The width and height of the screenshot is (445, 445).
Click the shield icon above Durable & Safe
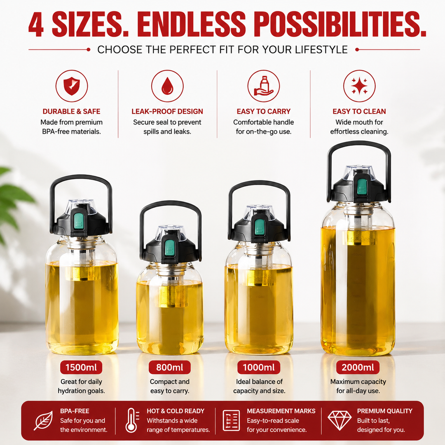tap(72, 86)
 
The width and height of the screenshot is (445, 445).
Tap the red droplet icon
tap(167, 86)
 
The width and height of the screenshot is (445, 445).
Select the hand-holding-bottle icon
tap(263, 86)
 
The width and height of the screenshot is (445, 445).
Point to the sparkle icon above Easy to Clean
tap(359, 86)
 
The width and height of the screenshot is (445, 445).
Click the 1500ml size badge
tap(81, 368)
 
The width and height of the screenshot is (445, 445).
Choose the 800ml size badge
tap(170, 368)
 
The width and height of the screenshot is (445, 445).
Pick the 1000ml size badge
tap(259, 368)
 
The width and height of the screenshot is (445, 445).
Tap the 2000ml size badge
tap(358, 368)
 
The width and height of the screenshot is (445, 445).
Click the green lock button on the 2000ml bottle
tap(362, 187)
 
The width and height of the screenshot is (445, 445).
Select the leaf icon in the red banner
tap(43, 420)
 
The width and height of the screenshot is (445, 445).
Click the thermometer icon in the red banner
tap(132, 420)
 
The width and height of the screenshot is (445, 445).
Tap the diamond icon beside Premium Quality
tap(340, 420)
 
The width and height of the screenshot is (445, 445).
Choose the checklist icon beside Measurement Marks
tap(231, 420)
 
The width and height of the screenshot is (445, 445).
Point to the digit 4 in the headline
tap(36, 25)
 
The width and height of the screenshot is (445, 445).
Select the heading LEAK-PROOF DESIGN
tap(167, 111)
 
